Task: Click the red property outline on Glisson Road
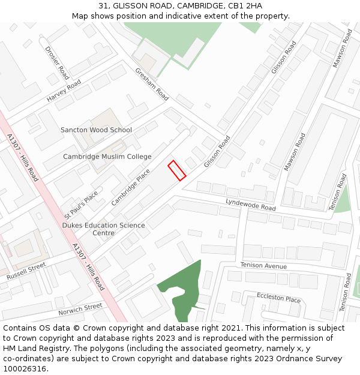(176, 170)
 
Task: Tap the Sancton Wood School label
(96, 130)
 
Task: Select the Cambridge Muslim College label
(107, 157)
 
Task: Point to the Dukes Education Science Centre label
(103, 229)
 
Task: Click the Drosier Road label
(57, 62)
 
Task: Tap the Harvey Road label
(64, 91)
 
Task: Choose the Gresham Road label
(152, 83)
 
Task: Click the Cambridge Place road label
(131, 187)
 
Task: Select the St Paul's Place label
(81, 204)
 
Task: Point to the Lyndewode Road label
(250, 205)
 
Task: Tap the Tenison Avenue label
(263, 265)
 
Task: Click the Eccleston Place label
(278, 298)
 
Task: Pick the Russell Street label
(26, 271)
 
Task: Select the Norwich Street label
(80, 309)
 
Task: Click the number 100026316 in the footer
(25, 368)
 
